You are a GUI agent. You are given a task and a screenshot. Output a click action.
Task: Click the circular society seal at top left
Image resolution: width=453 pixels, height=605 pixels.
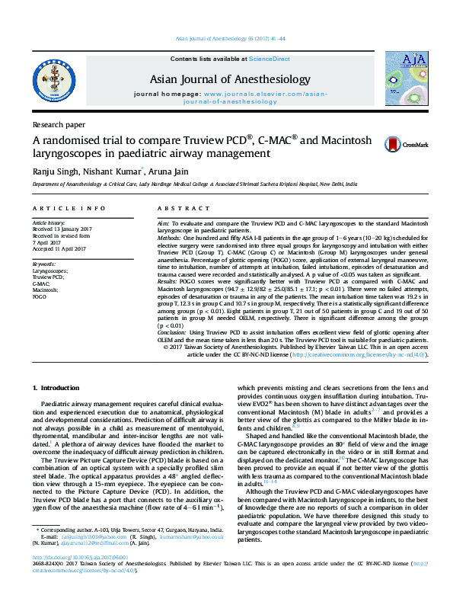53,78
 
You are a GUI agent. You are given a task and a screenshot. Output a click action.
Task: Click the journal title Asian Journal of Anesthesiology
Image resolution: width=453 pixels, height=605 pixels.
231,80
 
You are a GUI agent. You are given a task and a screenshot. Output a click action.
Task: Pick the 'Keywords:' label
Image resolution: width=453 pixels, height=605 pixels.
45,264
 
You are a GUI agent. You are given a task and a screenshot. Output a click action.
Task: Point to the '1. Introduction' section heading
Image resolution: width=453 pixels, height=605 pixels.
58,389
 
